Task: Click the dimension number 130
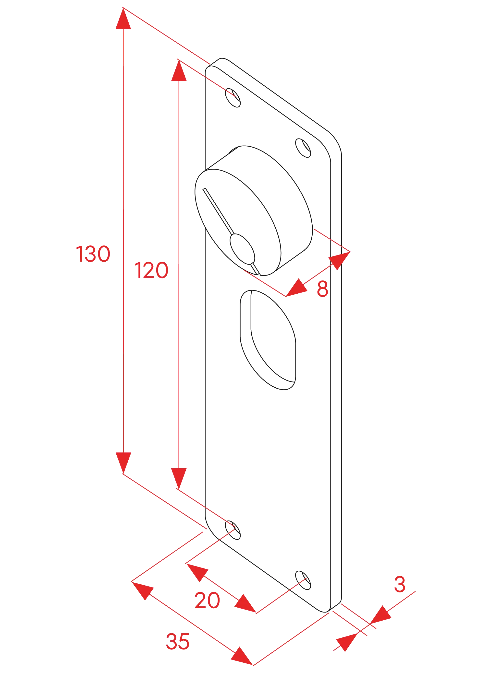click(x=93, y=254)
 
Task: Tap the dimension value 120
click(x=151, y=270)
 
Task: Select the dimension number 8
click(x=322, y=289)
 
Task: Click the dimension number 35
click(x=178, y=641)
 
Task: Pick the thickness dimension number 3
click(x=400, y=584)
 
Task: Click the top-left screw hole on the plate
click(x=233, y=98)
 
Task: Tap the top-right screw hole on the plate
click(x=303, y=148)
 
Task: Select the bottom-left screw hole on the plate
click(x=233, y=530)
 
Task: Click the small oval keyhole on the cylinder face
click(x=242, y=249)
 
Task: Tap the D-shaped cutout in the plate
click(x=268, y=340)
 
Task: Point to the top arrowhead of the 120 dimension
click(x=179, y=71)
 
